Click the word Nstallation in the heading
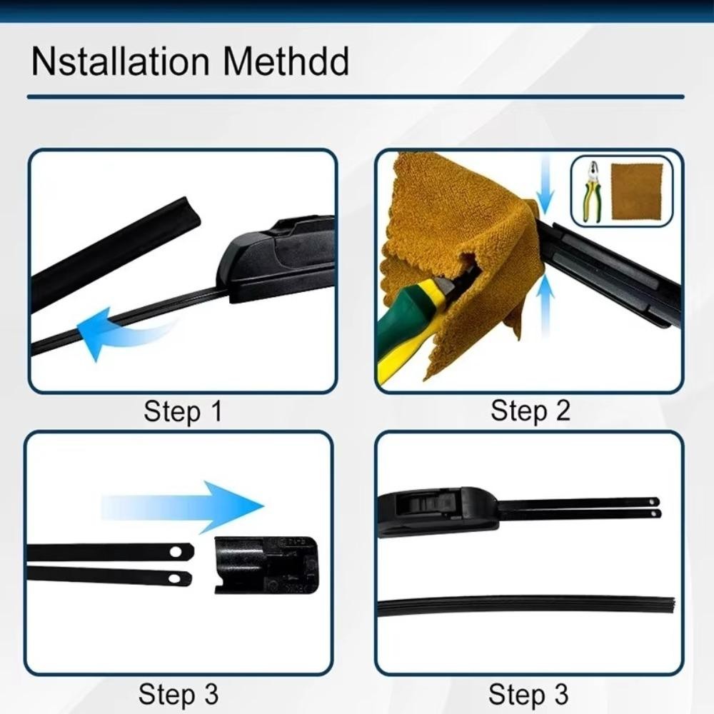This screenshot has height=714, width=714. (x=120, y=61)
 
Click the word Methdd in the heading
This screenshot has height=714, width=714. (x=286, y=61)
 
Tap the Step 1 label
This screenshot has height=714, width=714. (x=183, y=411)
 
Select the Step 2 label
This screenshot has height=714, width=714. (x=530, y=411)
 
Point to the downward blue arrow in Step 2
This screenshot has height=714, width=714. (x=545, y=186)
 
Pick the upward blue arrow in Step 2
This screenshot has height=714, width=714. (x=545, y=304)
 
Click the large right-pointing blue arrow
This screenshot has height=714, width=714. (x=182, y=507)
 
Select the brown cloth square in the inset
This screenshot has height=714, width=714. (x=637, y=191)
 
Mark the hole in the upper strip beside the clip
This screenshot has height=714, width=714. (x=176, y=552)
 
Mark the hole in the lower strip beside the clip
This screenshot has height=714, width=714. (x=174, y=579)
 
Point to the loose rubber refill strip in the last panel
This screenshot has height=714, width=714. (x=526, y=605)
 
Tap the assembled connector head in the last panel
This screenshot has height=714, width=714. (x=438, y=512)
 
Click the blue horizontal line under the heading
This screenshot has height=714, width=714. (x=356, y=96)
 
